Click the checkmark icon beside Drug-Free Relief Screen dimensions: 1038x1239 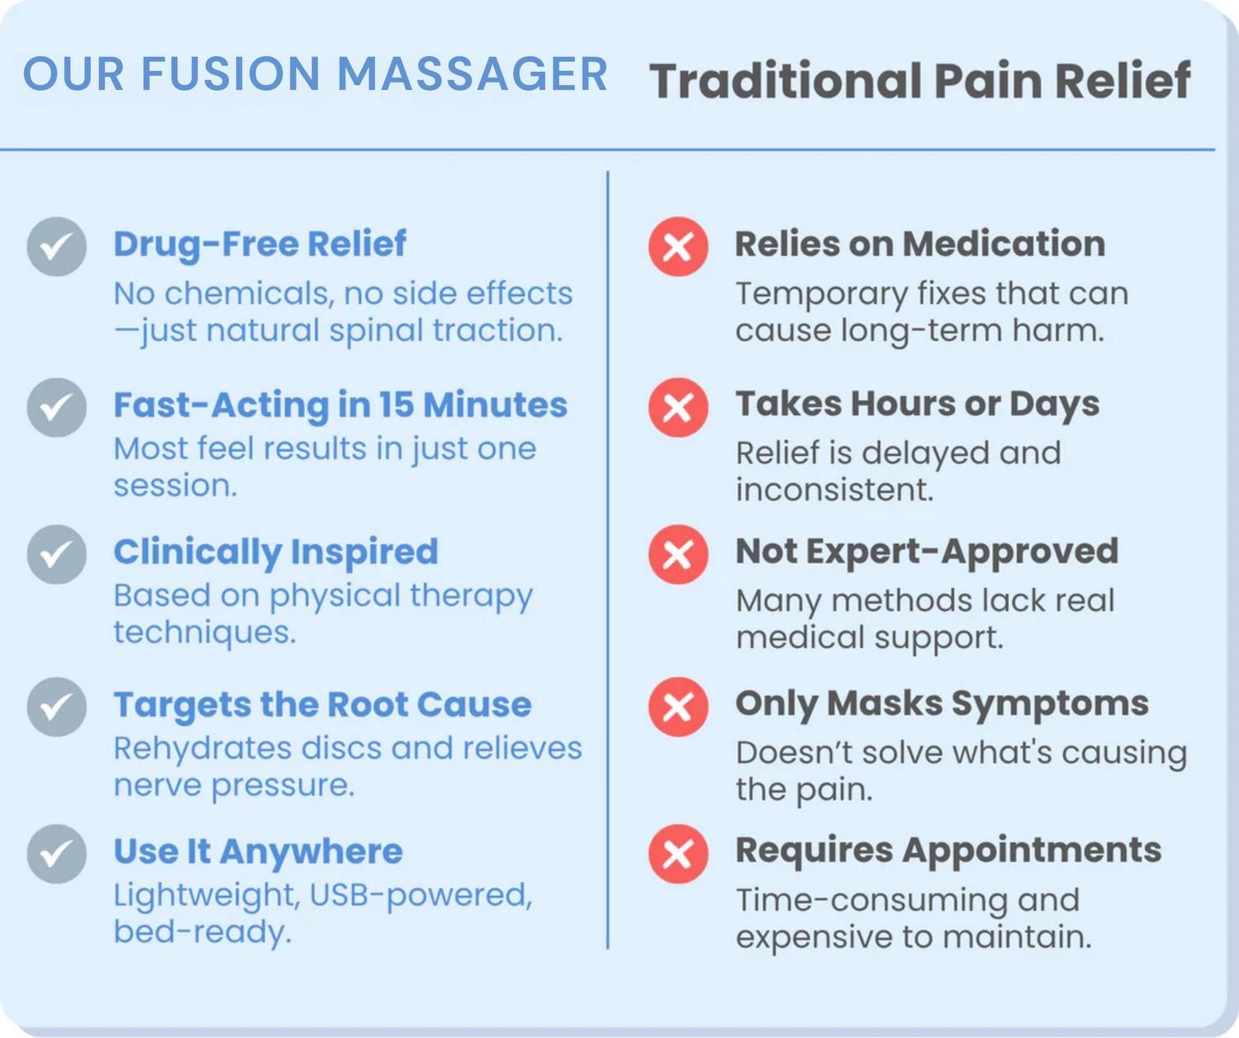pyautogui.click(x=57, y=247)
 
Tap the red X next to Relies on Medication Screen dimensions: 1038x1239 pyautogui.click(x=678, y=247)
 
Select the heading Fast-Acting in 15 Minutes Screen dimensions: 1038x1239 pyautogui.click(x=340, y=405)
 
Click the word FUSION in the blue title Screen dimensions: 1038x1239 pyautogui.click(x=230, y=74)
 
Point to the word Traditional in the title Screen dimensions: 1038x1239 pyautogui.click(x=786, y=81)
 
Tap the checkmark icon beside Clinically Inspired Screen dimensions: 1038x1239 pyautogui.click(x=57, y=555)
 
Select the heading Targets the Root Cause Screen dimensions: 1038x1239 pyautogui.click(x=322, y=704)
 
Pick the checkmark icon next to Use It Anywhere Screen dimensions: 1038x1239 pyautogui.click(x=57, y=854)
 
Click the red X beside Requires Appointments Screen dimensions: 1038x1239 pyautogui.click(x=678, y=854)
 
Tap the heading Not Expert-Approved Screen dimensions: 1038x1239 pyautogui.click(x=927, y=552)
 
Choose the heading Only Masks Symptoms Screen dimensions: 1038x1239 pyautogui.click(x=942, y=704)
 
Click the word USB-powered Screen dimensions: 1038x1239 pyautogui.click(x=421, y=895)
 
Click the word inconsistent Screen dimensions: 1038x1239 pyautogui.click(x=834, y=490)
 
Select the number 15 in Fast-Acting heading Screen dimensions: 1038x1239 pyautogui.click(x=396, y=405)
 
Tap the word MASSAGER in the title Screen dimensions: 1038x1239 pyautogui.click(x=472, y=74)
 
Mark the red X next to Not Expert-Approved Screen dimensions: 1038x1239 pyautogui.click(x=678, y=555)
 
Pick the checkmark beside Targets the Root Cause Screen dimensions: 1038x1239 pyautogui.click(x=57, y=707)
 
